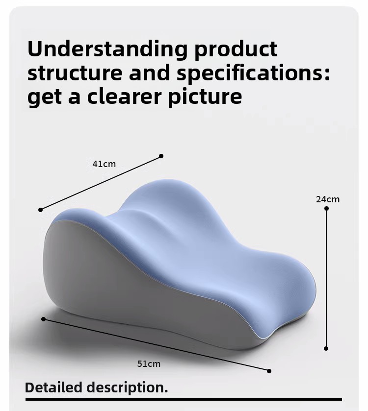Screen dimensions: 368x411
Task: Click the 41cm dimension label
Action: (x=104, y=164)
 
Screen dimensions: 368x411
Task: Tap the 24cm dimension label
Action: (x=328, y=199)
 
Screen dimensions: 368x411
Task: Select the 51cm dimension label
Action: (x=149, y=364)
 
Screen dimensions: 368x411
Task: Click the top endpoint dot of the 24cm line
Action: (x=326, y=209)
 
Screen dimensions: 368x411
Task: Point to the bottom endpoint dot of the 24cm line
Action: (x=326, y=348)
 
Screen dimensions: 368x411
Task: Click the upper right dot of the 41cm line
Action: (x=161, y=156)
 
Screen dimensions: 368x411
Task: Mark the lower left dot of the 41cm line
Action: (x=40, y=210)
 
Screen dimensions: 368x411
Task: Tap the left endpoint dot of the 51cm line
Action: (x=44, y=319)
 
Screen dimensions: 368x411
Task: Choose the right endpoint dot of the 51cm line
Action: (x=269, y=371)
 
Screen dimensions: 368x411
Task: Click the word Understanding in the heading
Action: (x=107, y=49)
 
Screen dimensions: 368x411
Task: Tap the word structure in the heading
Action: (x=75, y=73)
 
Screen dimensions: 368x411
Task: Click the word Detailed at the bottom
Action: (x=53, y=387)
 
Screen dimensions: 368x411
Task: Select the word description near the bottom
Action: (x=127, y=388)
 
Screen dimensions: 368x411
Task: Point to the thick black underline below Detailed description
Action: (x=184, y=399)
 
